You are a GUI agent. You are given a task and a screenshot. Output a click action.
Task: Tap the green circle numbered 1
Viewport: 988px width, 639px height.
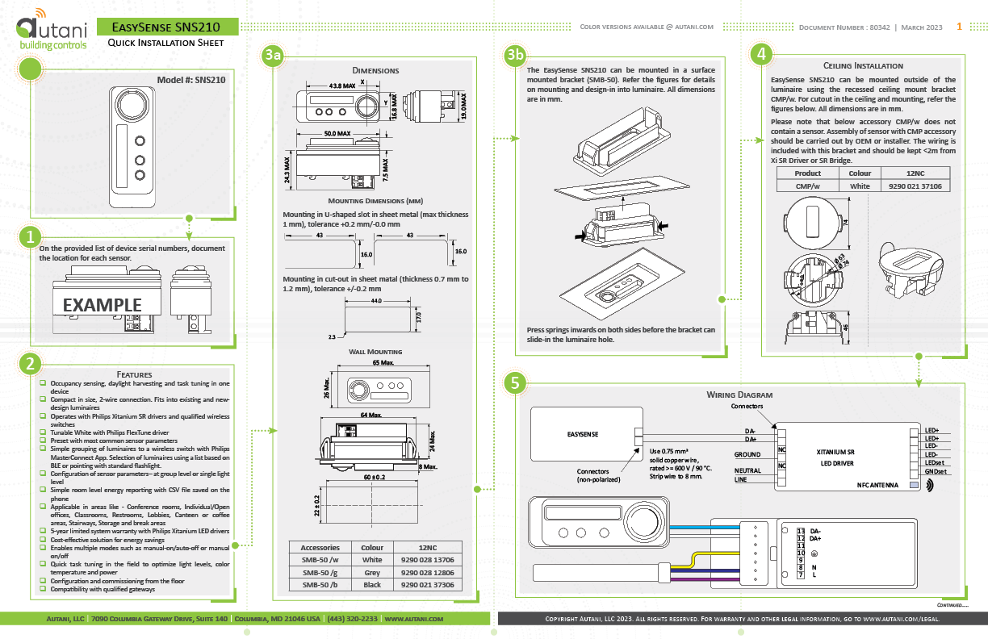(x=30, y=237)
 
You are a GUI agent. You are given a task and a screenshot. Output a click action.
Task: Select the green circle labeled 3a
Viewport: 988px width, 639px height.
(x=274, y=56)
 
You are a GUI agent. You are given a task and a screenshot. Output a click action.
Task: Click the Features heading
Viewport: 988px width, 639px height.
(x=134, y=374)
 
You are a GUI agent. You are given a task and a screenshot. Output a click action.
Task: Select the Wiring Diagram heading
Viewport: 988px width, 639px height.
(x=739, y=395)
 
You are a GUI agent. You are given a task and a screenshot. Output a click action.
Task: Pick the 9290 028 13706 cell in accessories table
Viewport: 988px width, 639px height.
(x=427, y=559)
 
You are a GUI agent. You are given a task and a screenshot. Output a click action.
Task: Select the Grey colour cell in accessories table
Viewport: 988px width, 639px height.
(x=371, y=572)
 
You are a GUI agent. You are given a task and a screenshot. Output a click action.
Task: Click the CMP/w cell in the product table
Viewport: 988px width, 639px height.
(x=807, y=186)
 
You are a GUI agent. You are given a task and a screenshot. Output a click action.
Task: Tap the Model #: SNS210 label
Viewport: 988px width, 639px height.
(x=191, y=80)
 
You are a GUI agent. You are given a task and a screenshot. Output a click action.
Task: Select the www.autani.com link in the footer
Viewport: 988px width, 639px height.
(x=414, y=619)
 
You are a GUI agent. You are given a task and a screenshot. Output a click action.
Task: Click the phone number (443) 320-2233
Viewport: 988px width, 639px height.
(x=352, y=619)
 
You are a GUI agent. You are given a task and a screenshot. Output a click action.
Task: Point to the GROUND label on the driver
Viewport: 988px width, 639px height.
(x=747, y=454)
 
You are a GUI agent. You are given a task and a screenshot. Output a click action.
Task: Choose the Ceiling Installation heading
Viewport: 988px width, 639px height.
(x=863, y=65)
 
